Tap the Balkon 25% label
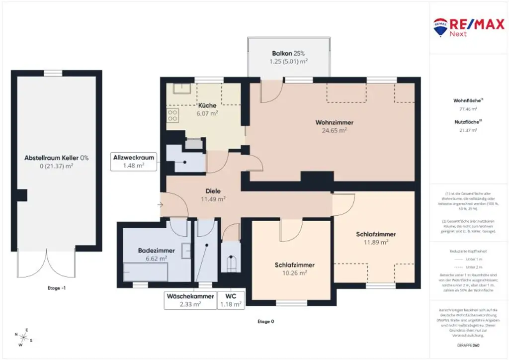point(288,53)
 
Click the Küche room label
point(207,105)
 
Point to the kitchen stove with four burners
point(173,116)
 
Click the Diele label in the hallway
point(213,190)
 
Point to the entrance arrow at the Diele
point(160,204)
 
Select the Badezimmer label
point(156,251)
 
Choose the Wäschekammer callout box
point(190,300)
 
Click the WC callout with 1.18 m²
point(231,300)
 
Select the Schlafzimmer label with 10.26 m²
point(294,265)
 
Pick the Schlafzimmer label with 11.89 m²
point(375,234)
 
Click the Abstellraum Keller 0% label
point(56,158)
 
